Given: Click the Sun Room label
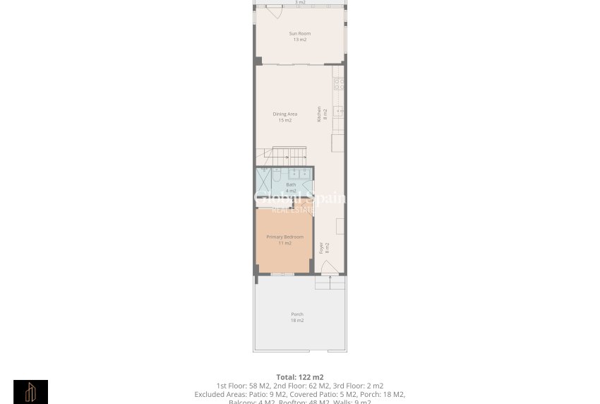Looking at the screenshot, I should [300, 33].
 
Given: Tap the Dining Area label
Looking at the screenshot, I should [285, 114].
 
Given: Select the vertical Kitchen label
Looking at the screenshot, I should [319, 114].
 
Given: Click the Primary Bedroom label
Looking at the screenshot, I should [285, 237].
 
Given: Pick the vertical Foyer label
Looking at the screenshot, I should [322, 248].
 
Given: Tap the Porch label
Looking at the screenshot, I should [297, 314].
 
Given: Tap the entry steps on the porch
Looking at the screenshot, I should [330, 283].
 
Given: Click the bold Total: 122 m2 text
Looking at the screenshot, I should [300, 377].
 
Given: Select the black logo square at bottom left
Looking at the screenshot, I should [31, 392].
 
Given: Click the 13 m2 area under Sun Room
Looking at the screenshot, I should [300, 40].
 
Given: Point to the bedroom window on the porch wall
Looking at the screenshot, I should [282, 274].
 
